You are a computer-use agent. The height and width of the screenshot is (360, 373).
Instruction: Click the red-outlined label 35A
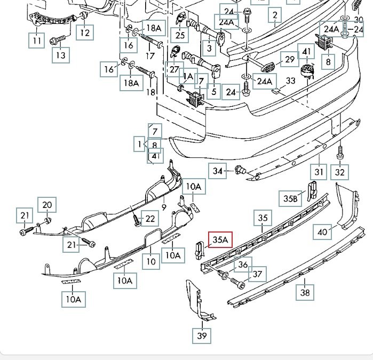[x=220, y=240]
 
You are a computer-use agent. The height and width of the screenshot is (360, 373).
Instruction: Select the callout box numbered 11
[x=36, y=40]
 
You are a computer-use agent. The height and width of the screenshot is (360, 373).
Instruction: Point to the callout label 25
[x=180, y=35]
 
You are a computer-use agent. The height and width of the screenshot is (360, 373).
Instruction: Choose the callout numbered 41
[x=306, y=52]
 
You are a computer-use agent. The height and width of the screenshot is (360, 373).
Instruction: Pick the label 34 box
[x=217, y=171]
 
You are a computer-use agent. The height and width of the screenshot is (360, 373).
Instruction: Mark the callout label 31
[x=319, y=172]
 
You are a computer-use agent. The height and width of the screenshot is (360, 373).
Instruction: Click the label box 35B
[x=290, y=198]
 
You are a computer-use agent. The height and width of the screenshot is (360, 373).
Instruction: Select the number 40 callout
[x=322, y=231]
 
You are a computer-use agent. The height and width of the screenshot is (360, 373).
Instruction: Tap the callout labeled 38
[x=305, y=292]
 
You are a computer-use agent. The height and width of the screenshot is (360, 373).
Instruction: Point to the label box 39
[x=202, y=335]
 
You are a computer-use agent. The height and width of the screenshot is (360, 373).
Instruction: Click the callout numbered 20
[x=47, y=204]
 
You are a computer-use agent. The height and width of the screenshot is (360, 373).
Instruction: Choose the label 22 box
[x=150, y=218]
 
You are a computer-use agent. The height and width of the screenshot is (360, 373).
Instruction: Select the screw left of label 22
[x=136, y=219]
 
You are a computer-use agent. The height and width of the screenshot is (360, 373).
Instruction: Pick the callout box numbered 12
[x=85, y=33]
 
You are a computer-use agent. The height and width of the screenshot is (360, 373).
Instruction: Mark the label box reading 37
[x=258, y=274]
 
